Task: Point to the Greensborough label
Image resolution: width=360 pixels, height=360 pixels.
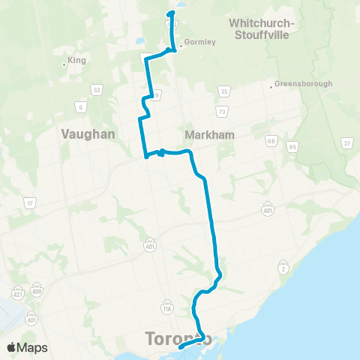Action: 304,84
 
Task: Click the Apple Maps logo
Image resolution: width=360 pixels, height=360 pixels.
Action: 27,347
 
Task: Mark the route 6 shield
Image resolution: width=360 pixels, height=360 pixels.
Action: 80,107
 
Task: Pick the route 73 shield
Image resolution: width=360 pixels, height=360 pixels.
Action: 222,111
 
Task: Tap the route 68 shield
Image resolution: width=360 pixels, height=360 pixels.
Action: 271,140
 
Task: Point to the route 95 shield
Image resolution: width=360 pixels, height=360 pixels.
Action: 292,147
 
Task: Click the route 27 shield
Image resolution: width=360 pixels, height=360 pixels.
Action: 346,143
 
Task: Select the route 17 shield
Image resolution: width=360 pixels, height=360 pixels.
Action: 30,203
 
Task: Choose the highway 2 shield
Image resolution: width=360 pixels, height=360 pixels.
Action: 284,268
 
